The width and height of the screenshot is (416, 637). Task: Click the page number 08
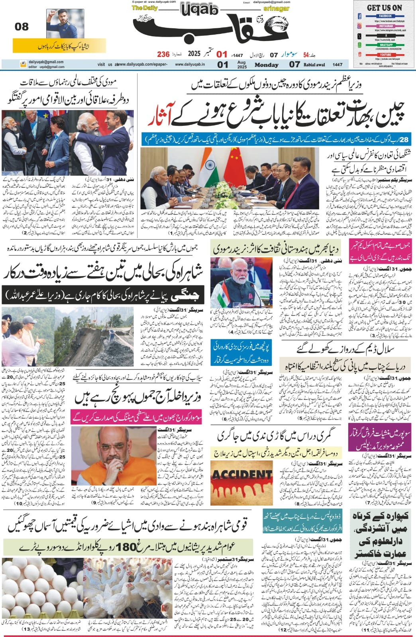[x=22, y=27]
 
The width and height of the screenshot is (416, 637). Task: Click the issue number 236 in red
[x=163, y=54]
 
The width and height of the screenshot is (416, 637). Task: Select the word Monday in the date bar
[x=266, y=65]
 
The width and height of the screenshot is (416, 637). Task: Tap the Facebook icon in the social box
[x=360, y=16]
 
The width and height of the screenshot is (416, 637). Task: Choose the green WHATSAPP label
[x=385, y=45]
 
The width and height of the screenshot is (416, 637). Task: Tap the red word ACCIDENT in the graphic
[x=241, y=475]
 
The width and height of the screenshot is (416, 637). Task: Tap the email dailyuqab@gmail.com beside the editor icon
[x=46, y=62]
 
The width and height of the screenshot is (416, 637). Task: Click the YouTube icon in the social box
[x=360, y=55]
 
